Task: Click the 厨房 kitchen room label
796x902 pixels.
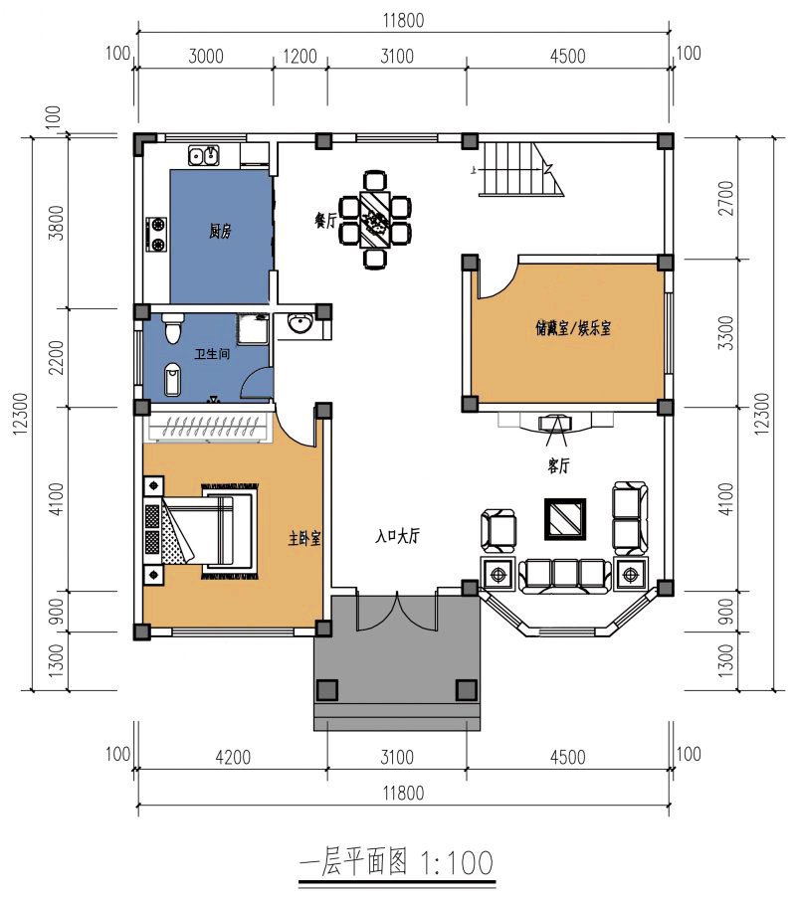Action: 220,232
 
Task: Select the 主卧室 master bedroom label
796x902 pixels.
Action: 304,538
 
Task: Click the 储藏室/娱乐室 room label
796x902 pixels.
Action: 572,326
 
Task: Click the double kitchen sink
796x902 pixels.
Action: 205,154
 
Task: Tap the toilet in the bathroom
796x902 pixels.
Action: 173,327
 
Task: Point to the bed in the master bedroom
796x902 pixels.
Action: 211,529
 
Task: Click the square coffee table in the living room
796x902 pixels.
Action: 564,517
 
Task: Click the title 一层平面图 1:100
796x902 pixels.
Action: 396,862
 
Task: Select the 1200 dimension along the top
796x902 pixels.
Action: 299,57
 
